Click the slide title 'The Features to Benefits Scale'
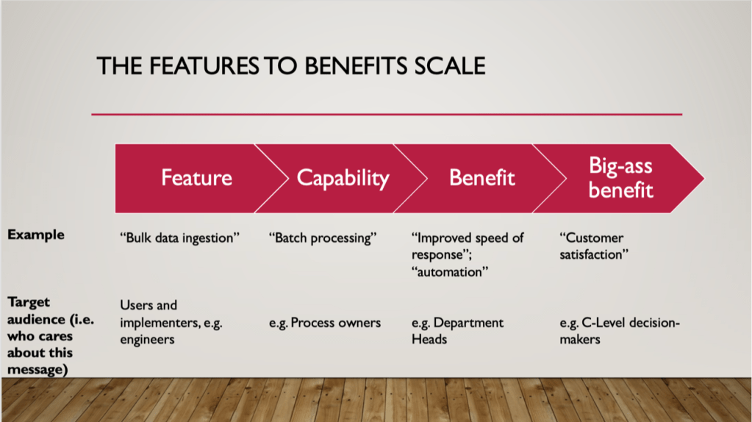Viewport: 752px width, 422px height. click(x=291, y=66)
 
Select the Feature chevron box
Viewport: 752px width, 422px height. click(x=196, y=178)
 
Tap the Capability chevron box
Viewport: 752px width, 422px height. click(x=342, y=178)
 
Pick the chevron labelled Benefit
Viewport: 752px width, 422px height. click(x=481, y=178)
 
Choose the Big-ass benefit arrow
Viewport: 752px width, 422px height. click(x=620, y=177)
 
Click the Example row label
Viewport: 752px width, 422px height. click(x=36, y=235)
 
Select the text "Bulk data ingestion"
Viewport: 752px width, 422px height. click(x=179, y=238)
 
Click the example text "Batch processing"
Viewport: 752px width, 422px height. click(x=322, y=238)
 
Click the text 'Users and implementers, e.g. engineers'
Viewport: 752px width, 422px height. click(x=171, y=322)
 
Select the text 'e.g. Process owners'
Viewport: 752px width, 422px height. click(x=325, y=323)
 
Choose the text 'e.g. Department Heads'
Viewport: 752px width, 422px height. click(x=457, y=330)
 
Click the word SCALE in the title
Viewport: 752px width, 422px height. click(x=450, y=66)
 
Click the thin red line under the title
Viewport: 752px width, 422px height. click(x=387, y=115)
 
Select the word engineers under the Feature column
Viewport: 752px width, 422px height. click(x=147, y=340)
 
